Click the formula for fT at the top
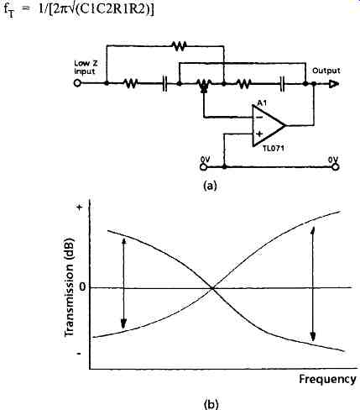pos(79,10)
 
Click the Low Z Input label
pos(85,67)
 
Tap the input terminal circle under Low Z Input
pos(77,83)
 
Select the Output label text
pos(326,71)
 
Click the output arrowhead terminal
pos(334,84)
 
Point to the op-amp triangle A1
pos(269,125)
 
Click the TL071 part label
pos(274,149)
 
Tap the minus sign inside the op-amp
pos(259,118)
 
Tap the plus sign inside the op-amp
pos(259,134)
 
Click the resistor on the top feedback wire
pos(180,45)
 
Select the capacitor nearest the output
pos(283,84)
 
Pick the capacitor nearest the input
pos(164,84)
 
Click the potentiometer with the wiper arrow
pos(204,85)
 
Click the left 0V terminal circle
pos(204,167)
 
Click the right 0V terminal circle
pos(336,167)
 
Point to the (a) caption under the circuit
pos(210,186)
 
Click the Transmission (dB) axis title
pos(69,287)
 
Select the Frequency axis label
pos(328,380)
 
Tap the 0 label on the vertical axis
pos(82,287)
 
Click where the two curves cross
pos(212,288)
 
